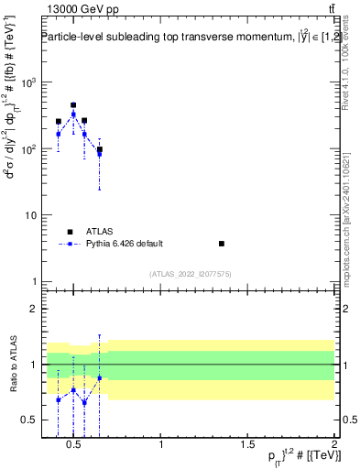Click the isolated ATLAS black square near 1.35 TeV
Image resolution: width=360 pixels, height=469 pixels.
(x=222, y=244)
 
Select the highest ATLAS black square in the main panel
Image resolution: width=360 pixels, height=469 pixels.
(x=73, y=105)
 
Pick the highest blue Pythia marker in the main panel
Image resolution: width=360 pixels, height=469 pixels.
(x=73, y=115)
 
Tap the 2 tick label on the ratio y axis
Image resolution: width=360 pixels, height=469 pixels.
(x=32, y=309)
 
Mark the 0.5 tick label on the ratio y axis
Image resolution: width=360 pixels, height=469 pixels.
(x=28, y=420)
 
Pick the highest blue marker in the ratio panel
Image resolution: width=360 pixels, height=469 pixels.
(x=99, y=377)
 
